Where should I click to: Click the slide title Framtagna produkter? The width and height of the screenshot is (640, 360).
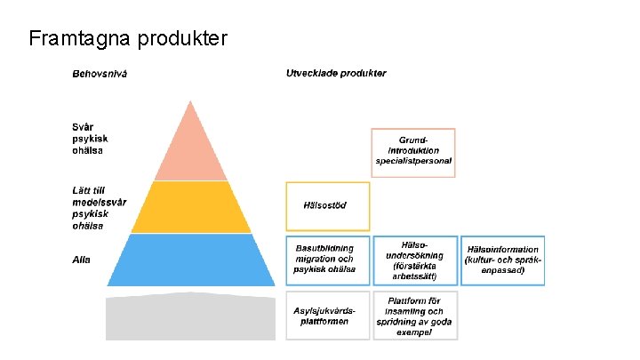point(128,38)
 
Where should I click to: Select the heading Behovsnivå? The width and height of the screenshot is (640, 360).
point(100,73)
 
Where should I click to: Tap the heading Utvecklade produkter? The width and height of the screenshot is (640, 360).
point(336,72)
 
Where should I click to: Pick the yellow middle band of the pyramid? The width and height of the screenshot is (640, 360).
point(190,207)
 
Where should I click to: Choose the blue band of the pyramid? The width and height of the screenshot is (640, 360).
point(190,260)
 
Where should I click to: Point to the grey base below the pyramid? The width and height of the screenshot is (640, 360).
point(190,316)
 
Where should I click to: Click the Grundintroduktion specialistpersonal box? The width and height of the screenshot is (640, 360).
point(413,152)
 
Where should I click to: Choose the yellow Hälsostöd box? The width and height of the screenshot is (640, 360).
point(327,206)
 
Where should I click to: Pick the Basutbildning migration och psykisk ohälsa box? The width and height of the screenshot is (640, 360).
point(326,260)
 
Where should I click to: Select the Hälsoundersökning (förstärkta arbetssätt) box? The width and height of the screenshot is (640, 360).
point(414,260)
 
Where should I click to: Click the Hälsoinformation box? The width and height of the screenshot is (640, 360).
point(502,260)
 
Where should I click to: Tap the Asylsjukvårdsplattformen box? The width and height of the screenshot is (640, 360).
point(326,316)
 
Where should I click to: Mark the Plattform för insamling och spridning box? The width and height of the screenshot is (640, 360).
point(414,316)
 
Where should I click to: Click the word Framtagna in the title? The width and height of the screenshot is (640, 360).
point(79,38)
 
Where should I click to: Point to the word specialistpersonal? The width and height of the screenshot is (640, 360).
point(413,162)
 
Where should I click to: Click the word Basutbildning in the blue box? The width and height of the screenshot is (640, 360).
point(324,248)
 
